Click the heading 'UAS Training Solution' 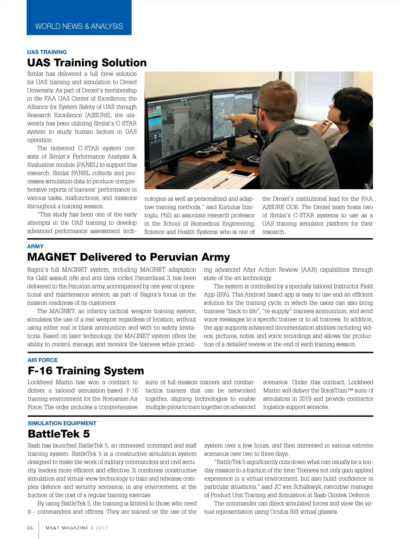click(x=87, y=63)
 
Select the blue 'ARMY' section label click(x=35, y=246)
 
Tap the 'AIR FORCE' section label click(x=43, y=360)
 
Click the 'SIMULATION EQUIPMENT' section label click(x=62, y=423)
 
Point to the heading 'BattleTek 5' click(x=59, y=434)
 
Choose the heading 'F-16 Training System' click(x=86, y=371)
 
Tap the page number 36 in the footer click(x=30, y=528)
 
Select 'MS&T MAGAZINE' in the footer click(x=67, y=528)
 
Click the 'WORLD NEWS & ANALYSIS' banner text click(x=79, y=27)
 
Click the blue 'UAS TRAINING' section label click(x=47, y=52)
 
